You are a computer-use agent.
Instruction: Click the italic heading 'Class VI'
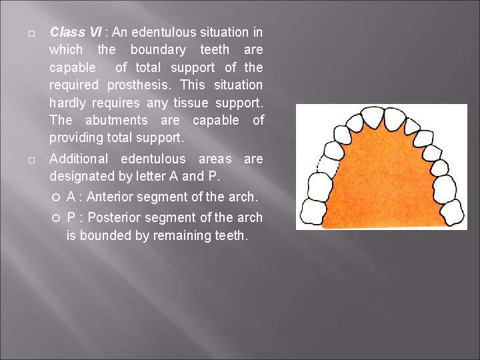click(x=67, y=32)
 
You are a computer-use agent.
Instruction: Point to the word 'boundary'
click(x=158, y=50)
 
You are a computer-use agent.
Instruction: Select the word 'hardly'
click(x=67, y=103)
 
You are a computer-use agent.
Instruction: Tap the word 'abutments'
click(x=117, y=121)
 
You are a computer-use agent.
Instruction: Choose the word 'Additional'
click(x=81, y=159)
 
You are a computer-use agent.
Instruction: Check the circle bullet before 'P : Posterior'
click(x=57, y=218)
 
